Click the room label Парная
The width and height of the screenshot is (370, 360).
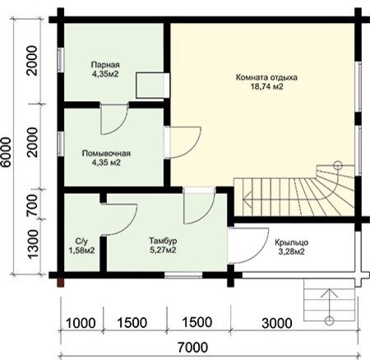click(105, 65)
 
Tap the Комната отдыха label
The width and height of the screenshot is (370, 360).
click(266, 77)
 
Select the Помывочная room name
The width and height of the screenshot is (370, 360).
click(106, 154)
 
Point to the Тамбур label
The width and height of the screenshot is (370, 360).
click(163, 241)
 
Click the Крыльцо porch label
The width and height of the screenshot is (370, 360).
click(292, 242)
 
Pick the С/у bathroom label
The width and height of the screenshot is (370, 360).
click(81, 242)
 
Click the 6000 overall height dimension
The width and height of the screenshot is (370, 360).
click(6, 152)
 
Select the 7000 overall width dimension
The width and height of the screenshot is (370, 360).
click(192, 348)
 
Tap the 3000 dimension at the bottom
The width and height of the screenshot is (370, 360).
click(277, 323)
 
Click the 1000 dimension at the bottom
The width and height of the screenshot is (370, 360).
click(81, 323)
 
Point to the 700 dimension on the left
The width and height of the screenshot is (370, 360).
click(32, 205)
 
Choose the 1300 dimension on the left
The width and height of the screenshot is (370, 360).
click(32, 244)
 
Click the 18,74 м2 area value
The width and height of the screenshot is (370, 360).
click(266, 86)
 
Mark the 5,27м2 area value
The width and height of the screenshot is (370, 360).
click(163, 250)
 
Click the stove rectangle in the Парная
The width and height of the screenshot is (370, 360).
click(152, 85)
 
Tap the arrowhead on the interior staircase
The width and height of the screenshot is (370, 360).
click(247, 199)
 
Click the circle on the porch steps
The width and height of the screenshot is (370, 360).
click(329, 321)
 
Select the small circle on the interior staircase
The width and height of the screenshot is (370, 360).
click(338, 165)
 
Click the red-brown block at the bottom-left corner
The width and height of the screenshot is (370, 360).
click(61, 283)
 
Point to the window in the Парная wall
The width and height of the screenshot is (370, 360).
click(61, 60)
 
